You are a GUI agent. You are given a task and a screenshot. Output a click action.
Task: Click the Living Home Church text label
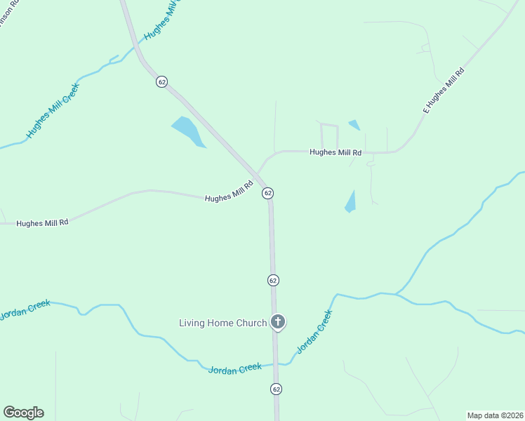click(x=222, y=323)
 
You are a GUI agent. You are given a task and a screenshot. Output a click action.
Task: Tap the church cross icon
click(x=278, y=323)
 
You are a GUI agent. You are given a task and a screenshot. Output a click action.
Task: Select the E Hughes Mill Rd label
click(x=444, y=91)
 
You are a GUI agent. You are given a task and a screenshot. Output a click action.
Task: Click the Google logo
click(x=23, y=413)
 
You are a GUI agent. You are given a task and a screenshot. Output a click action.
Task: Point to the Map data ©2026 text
click(x=495, y=415)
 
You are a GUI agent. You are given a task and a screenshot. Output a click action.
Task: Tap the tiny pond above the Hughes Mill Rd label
click(x=354, y=125)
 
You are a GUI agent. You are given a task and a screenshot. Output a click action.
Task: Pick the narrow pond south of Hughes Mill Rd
click(x=350, y=202)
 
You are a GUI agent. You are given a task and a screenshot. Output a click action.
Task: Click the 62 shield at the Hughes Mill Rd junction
click(x=267, y=192)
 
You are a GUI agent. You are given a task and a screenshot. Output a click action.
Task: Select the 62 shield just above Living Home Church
click(x=273, y=280)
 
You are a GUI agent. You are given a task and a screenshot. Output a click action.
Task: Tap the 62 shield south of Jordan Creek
click(x=276, y=389)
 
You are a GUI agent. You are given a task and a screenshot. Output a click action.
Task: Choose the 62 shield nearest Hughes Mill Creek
click(x=162, y=81)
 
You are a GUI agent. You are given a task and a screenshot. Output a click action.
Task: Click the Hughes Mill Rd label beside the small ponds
click(x=335, y=152)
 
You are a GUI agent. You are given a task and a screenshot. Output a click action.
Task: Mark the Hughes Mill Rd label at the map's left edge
click(x=42, y=222)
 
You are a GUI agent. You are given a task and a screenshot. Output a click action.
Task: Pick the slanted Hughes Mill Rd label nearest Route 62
click(x=228, y=194)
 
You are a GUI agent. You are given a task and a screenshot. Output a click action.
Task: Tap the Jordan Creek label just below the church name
click(x=235, y=368)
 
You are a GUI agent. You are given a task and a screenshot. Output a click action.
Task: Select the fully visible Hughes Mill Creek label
click(x=53, y=111)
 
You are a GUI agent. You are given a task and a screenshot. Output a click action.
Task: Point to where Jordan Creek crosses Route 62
click(x=276, y=364)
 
